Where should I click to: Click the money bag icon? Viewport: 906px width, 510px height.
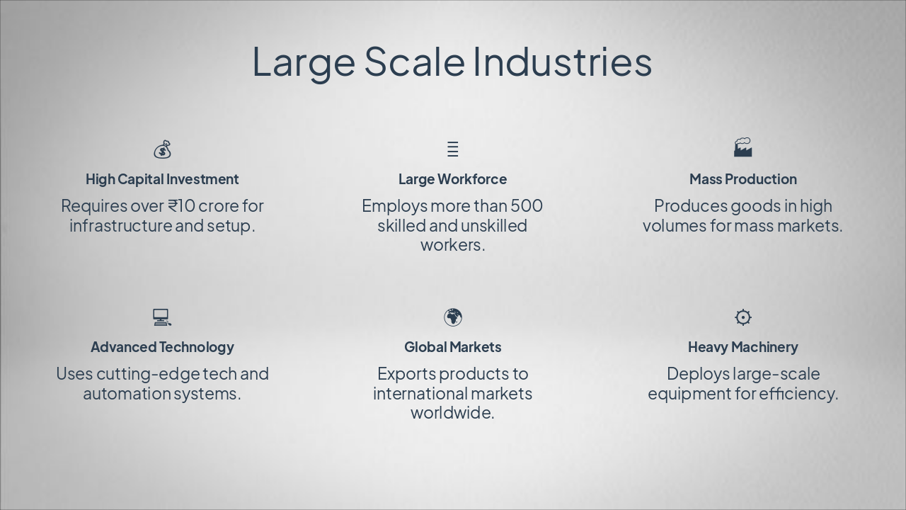pos(162,149)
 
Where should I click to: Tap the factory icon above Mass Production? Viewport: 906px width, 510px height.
pos(742,147)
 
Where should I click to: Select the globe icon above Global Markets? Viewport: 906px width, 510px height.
pos(453,317)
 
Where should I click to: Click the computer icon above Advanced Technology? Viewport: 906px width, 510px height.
pos(161,317)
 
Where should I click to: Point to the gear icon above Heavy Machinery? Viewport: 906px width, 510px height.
pos(742,317)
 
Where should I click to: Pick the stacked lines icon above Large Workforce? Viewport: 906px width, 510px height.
pos(453,149)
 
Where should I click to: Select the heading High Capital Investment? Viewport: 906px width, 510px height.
pos(162,179)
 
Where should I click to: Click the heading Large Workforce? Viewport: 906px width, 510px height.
pos(452,179)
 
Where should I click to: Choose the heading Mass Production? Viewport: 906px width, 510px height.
pos(742,179)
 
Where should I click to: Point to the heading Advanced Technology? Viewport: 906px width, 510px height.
pos(162,347)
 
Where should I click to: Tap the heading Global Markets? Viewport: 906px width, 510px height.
pos(452,347)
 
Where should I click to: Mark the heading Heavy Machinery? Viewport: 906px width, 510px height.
pos(742,347)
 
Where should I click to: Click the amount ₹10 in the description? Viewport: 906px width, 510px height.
pos(181,206)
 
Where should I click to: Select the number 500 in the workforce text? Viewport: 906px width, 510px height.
pos(527,206)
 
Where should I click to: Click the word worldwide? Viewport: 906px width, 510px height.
pos(452,413)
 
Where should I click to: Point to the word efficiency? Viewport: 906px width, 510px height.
pos(798,394)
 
